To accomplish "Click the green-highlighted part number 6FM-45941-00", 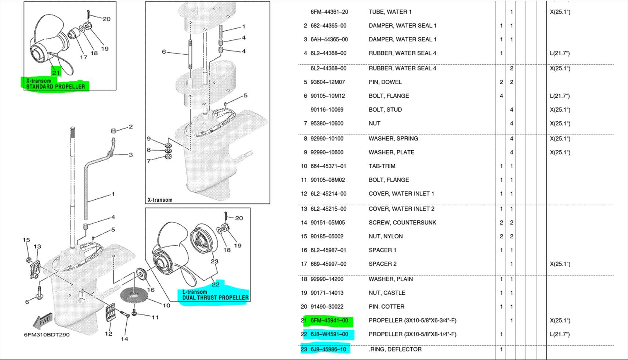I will click(329, 321).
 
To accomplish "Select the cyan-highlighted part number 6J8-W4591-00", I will click(329, 334).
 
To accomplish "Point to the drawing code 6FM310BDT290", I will click(47, 335).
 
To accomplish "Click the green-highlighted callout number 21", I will click(56, 73).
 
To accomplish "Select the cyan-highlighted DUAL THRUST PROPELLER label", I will click(215, 298).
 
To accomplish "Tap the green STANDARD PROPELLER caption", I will click(55, 87).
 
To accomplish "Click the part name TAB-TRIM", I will click(382, 166).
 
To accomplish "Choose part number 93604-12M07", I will click(328, 82).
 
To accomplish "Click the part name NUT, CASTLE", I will click(387, 293).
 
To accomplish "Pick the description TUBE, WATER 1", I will click(390, 12).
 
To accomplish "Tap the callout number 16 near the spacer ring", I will click(151, 290).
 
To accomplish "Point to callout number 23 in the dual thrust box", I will click(214, 262).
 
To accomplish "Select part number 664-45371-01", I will click(328, 166).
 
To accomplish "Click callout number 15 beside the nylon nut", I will click(26, 240).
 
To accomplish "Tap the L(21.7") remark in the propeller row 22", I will click(560, 334).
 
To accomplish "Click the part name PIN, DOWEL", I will click(385, 82).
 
